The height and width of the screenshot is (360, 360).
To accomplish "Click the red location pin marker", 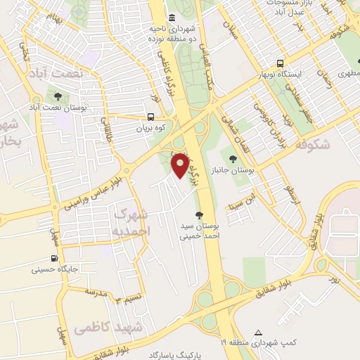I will [181, 166].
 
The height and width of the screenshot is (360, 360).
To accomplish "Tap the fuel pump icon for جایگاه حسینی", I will [55, 258].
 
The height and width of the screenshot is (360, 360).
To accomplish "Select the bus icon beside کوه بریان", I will [151, 118].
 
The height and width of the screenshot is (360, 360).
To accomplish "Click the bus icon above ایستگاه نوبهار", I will [280, 63].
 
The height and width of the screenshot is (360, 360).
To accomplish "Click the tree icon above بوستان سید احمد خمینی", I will [200, 215].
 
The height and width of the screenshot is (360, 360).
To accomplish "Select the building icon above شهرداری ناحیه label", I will [172, 18].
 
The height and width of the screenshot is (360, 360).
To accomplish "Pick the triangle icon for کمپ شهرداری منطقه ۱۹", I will [258, 332].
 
